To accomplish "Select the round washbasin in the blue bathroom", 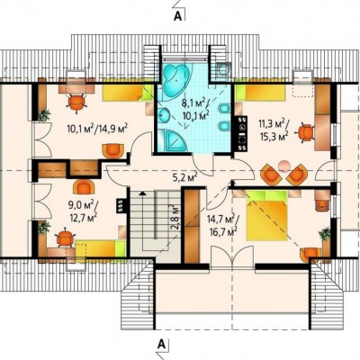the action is [164, 115].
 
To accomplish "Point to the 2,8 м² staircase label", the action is [174, 217].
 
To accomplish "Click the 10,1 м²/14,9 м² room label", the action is [98, 130].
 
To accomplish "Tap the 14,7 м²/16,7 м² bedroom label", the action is [222, 225].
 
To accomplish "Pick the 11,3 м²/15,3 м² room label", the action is [274, 130].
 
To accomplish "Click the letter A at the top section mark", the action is [178, 17].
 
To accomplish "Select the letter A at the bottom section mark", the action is [162, 344].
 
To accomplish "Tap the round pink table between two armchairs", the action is [283, 166].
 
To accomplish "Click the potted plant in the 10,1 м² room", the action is [44, 115].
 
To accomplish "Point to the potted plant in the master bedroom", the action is [325, 234].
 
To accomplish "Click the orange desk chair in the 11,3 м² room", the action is [306, 132].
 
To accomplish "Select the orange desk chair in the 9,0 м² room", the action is [65, 238].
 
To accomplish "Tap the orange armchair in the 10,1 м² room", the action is [112, 151].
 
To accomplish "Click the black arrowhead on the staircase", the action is [143, 193].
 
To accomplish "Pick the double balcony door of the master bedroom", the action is [231, 257].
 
